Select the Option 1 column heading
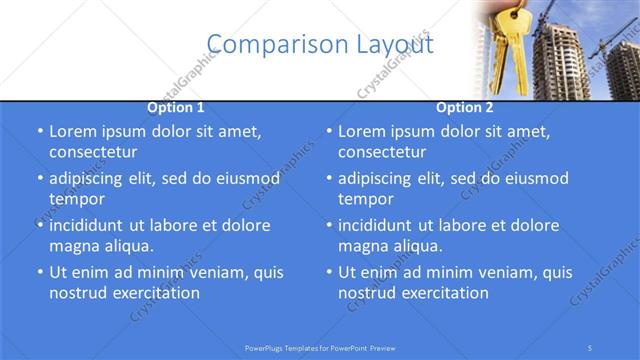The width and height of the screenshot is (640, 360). point(176,107)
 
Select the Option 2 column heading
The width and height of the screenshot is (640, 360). point(465,107)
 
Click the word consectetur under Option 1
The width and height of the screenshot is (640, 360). point(93,152)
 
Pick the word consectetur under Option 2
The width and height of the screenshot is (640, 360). point(382,152)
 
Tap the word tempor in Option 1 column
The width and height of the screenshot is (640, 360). point(77,199)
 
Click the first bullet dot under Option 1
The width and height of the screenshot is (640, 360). point(39,132)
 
